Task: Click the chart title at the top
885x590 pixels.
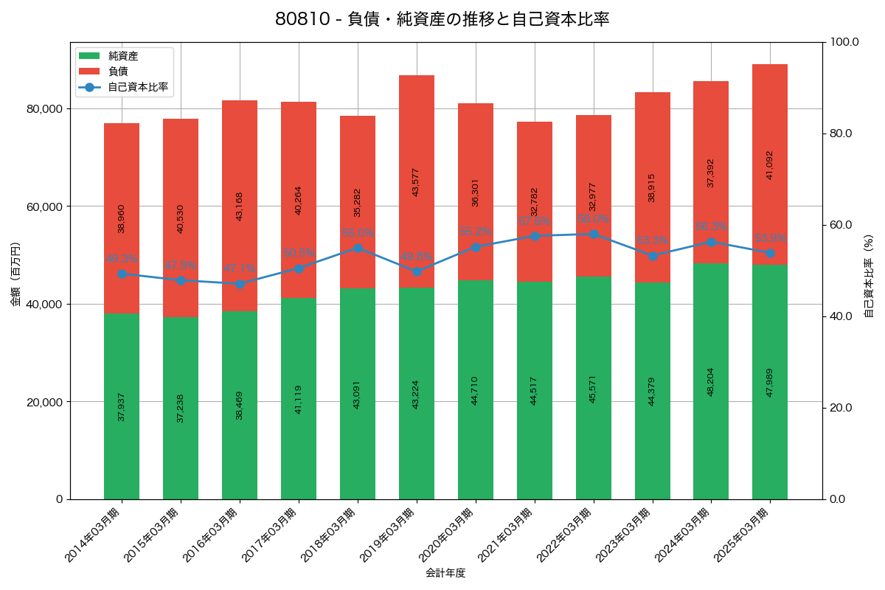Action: pos(442,19)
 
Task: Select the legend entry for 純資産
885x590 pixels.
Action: pos(122,56)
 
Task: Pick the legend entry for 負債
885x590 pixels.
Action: pos(118,72)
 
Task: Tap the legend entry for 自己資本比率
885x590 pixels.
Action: pos(137,87)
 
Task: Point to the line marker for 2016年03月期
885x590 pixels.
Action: pos(240,284)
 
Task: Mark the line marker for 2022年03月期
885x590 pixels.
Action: pos(594,234)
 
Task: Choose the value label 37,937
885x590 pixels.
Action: pos(122,406)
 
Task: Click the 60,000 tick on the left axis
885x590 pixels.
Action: pos(43,206)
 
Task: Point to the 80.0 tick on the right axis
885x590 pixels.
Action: pos(840,133)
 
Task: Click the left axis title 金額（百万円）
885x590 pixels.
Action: pos(15,274)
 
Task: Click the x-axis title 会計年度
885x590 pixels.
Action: pos(445,573)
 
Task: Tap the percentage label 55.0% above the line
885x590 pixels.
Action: pos(358,233)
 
